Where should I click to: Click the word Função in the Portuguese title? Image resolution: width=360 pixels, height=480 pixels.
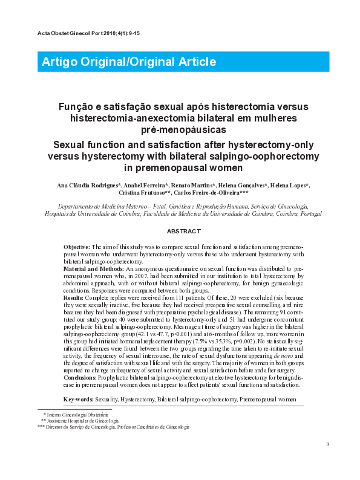[93, 106]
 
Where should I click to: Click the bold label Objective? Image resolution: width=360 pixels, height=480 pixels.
[76, 248]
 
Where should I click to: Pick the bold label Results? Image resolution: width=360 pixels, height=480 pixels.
[73, 298]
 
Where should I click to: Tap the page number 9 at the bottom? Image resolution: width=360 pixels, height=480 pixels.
[327, 445]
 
